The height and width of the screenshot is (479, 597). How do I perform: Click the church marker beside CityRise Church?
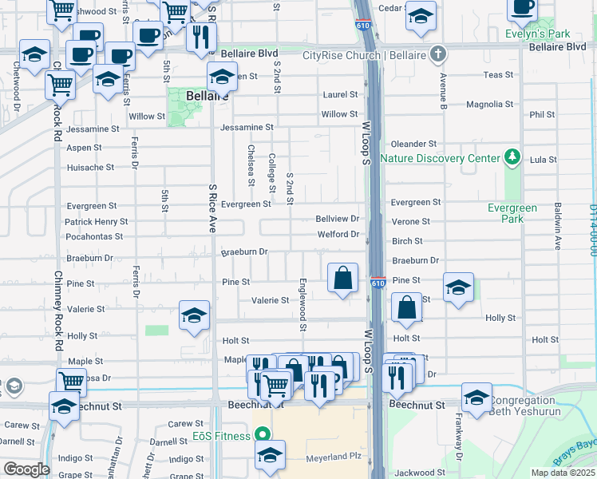[x=436, y=55]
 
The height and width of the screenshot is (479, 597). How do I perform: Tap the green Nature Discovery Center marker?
[x=512, y=157]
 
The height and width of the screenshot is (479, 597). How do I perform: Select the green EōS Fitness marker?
[x=260, y=435]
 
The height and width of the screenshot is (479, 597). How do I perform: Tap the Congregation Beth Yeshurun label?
[x=533, y=406]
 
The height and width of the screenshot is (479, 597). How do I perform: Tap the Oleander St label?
[x=413, y=144]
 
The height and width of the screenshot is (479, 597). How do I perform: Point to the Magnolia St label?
[x=490, y=105]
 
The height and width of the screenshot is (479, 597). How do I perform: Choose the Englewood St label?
[x=303, y=303]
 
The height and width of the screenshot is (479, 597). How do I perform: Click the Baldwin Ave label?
[x=558, y=227]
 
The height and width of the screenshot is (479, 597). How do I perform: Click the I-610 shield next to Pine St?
[x=378, y=283]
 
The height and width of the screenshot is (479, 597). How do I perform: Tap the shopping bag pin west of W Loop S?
[x=342, y=279]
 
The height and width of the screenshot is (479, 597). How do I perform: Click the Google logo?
[x=26, y=469]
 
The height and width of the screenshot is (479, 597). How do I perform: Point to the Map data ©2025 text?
[x=563, y=473]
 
